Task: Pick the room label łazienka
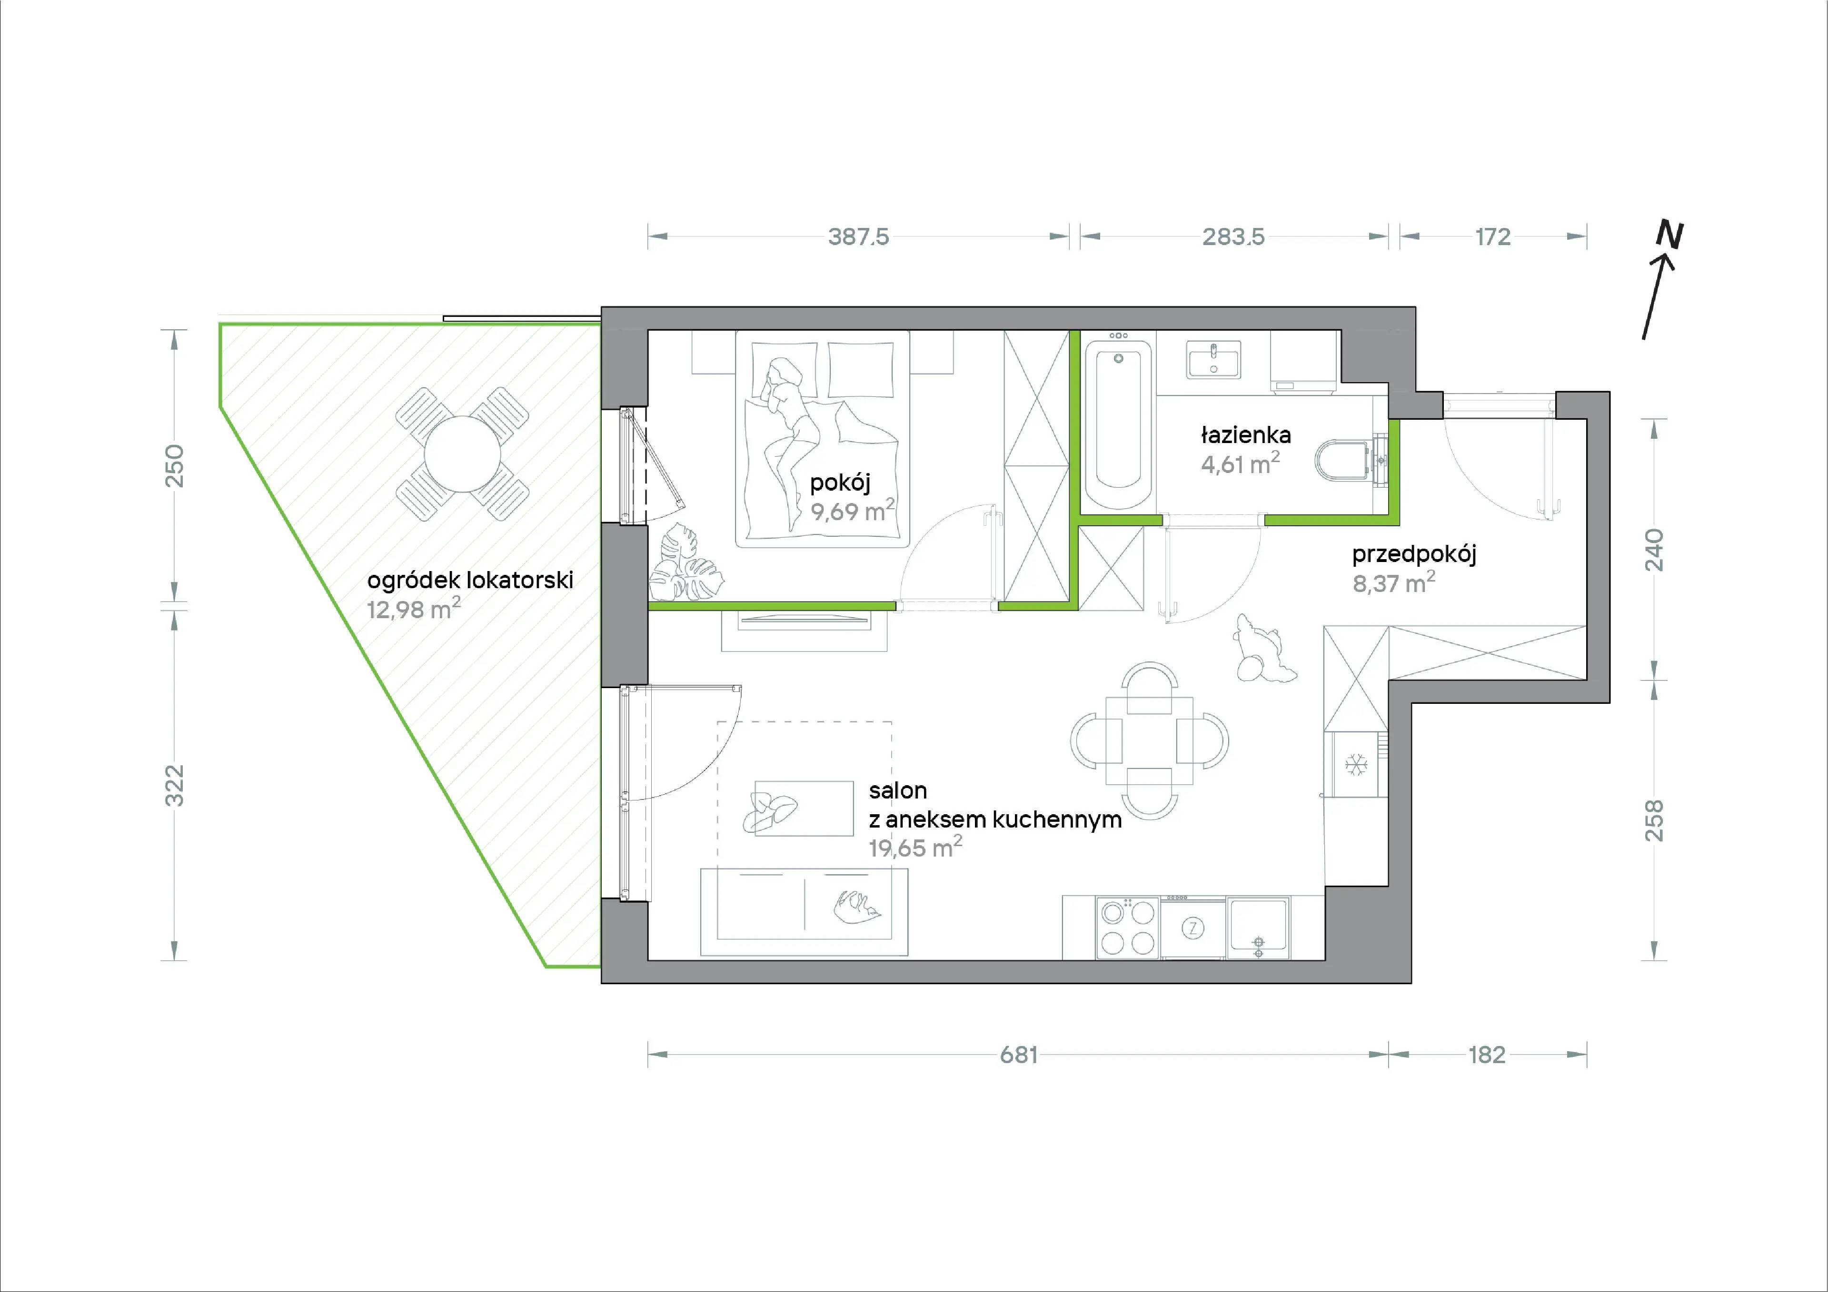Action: coord(1246,434)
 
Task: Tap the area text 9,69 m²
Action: coord(853,510)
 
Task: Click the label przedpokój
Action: coord(1414,554)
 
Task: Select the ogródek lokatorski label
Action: coord(470,580)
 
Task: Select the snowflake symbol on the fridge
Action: coord(1355,765)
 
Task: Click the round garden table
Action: coord(463,454)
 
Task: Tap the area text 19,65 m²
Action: coord(915,847)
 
